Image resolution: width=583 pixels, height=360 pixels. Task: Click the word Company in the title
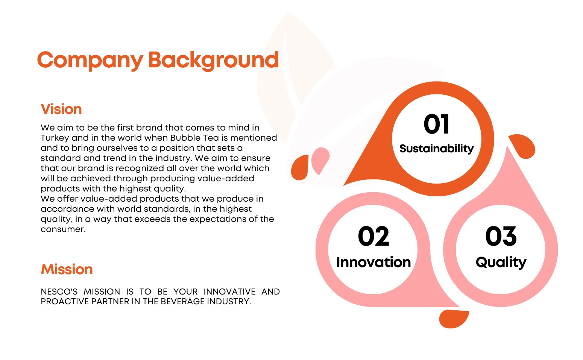tap(90, 61)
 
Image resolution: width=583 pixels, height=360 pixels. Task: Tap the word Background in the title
tap(213, 61)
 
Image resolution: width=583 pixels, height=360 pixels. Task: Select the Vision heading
tap(61, 109)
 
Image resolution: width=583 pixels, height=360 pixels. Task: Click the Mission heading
tap(67, 269)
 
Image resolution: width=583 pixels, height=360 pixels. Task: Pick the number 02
tap(373, 236)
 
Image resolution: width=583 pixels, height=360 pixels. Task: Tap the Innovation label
tap(373, 262)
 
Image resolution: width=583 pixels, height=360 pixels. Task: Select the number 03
tap(501, 236)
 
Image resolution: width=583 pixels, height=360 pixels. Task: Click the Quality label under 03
tap(501, 263)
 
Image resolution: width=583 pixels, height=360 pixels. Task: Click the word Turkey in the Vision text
tap(55, 138)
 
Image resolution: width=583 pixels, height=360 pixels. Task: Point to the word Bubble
tap(185, 138)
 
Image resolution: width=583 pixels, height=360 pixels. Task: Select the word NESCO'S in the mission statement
tap(59, 292)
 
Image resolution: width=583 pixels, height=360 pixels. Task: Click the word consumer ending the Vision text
tap(63, 229)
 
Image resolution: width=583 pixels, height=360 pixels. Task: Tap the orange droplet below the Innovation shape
tap(454, 319)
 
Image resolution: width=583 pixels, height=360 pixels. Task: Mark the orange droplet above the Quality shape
tap(522, 146)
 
